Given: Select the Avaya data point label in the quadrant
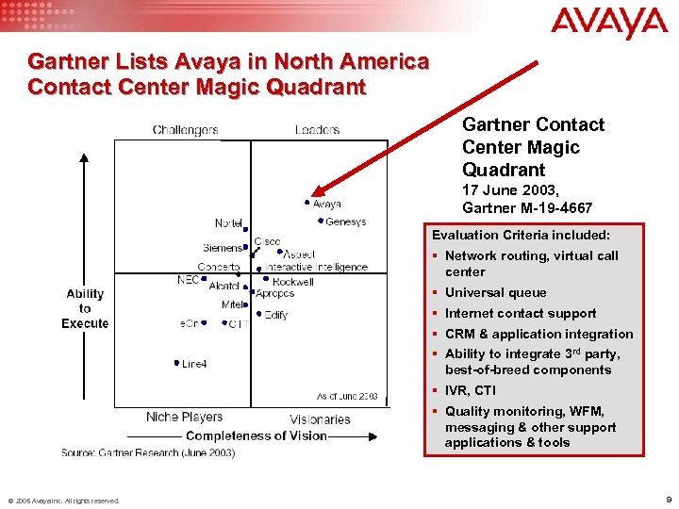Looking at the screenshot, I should pyautogui.click(x=326, y=204).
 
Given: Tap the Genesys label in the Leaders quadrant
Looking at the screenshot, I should pyautogui.click(x=345, y=222).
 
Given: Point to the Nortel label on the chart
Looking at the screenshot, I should pyautogui.click(x=228, y=223).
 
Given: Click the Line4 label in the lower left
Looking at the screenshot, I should pyautogui.click(x=194, y=364).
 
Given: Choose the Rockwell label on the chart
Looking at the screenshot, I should pyautogui.click(x=292, y=281).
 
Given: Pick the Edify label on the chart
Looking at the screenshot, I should pyautogui.click(x=276, y=315).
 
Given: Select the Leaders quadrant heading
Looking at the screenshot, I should pyautogui.click(x=317, y=130).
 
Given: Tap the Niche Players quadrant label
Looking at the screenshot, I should pyautogui.click(x=184, y=417).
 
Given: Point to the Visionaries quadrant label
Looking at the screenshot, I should pyautogui.click(x=320, y=419).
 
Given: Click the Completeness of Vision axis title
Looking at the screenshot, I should pyautogui.click(x=256, y=435).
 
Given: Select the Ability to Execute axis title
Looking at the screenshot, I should pyautogui.click(x=85, y=308).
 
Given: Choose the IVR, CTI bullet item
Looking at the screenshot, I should pyautogui.click(x=471, y=390).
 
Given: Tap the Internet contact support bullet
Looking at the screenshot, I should pyautogui.click(x=521, y=313).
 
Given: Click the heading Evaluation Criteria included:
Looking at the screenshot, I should pyautogui.click(x=521, y=234).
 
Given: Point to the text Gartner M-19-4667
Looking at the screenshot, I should pyautogui.click(x=527, y=207).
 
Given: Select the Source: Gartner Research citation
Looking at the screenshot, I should pyautogui.click(x=148, y=453).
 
